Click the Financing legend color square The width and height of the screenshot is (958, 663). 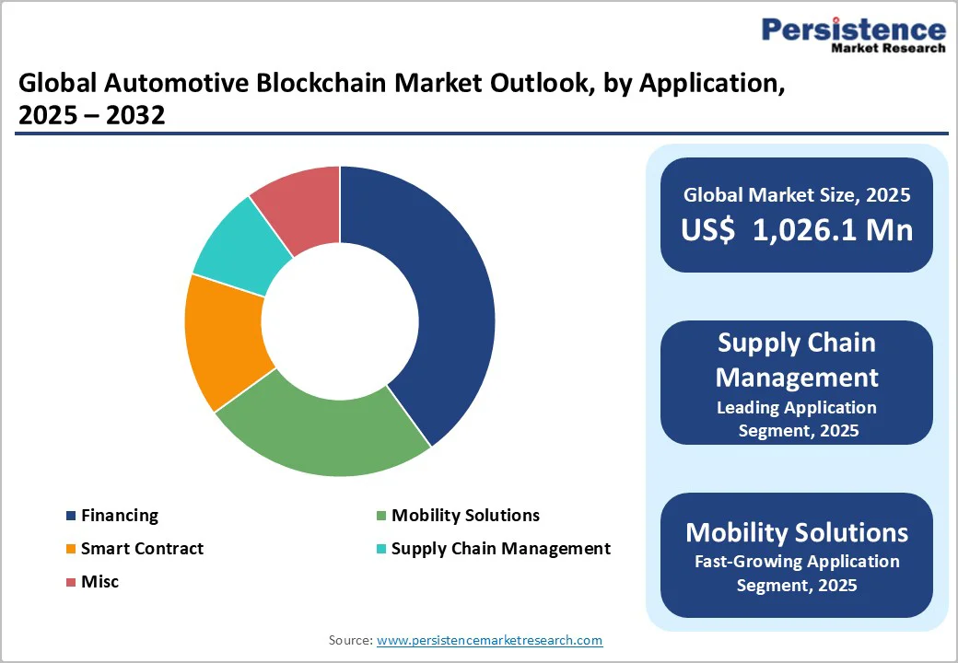70,516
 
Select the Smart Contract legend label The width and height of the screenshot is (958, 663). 142,549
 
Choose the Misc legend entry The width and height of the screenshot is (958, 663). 99,582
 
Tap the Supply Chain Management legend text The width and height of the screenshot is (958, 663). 500,549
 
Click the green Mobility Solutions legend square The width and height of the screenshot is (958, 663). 380,516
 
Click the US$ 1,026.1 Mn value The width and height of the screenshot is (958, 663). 797,229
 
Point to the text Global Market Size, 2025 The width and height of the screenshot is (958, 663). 797,194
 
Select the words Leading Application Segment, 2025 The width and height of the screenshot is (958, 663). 797,418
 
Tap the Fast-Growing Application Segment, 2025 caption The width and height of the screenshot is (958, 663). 797,572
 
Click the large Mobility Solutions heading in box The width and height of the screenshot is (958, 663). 797,532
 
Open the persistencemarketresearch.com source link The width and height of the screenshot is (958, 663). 489,640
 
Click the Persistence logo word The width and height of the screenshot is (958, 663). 853,29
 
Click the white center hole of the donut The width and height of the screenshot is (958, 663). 340,321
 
